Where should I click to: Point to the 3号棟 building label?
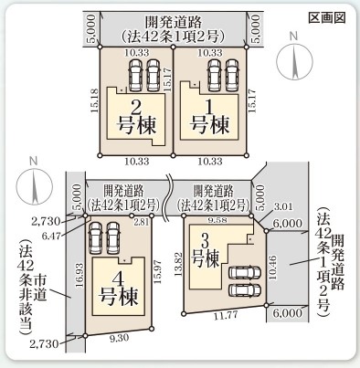209,252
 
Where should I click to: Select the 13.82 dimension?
179,263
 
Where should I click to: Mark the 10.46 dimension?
275,265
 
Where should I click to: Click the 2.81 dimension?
140,221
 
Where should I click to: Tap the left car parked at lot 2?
134,71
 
